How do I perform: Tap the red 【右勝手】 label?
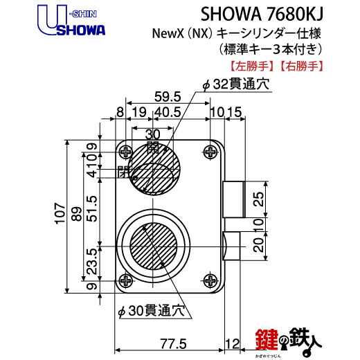[301, 66]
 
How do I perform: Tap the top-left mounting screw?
[125, 152]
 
